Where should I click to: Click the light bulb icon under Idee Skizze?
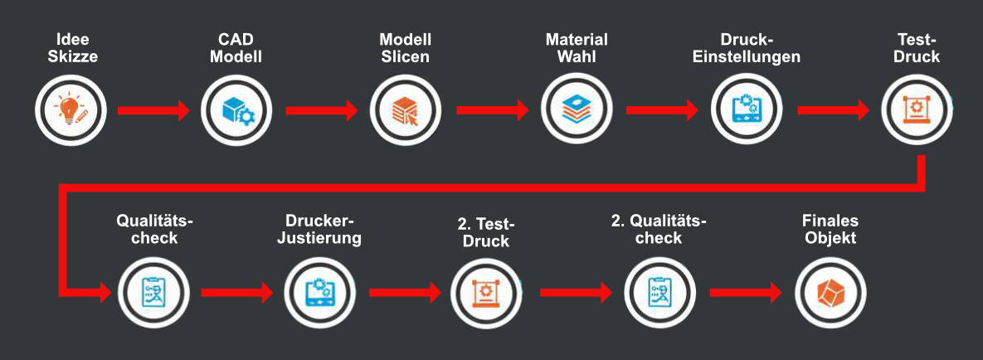click(71, 110)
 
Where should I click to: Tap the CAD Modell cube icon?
click(236, 110)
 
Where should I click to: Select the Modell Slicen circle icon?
click(405, 110)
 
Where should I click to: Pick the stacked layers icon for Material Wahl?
click(577, 110)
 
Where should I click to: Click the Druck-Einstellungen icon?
click(746, 110)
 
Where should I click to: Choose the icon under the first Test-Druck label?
click(917, 110)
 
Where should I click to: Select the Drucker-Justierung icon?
click(319, 293)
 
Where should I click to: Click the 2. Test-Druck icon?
click(486, 293)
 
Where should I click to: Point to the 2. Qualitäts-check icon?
click(659, 293)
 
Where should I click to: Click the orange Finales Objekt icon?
click(830, 293)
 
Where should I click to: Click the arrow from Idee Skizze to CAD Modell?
click(153, 110)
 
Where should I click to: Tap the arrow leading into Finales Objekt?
click(746, 292)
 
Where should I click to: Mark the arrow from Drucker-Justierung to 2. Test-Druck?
click(406, 292)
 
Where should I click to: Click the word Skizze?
click(73, 56)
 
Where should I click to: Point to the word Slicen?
click(405, 56)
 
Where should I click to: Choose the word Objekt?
click(830, 239)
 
